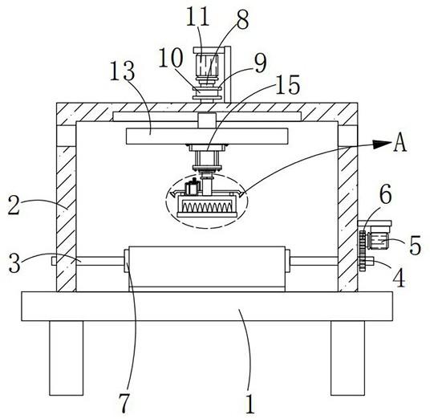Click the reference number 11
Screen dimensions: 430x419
click(x=198, y=17)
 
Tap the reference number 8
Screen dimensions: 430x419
click(x=243, y=20)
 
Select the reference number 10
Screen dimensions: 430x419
click(x=171, y=58)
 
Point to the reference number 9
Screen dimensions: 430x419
click(x=260, y=63)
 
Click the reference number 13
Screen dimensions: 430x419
click(x=122, y=71)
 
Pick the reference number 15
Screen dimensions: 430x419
click(x=288, y=85)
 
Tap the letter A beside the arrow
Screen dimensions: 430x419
click(x=400, y=143)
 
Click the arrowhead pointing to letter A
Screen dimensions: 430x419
click(x=382, y=144)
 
